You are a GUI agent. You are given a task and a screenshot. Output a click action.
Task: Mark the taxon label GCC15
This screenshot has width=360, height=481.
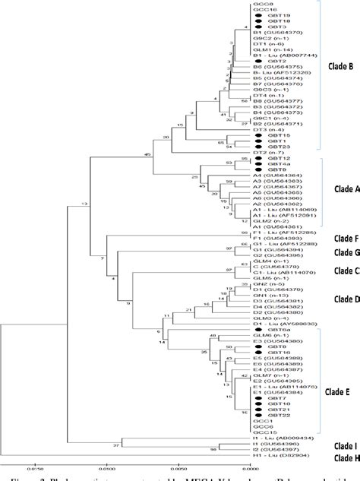click(x=264, y=429)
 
